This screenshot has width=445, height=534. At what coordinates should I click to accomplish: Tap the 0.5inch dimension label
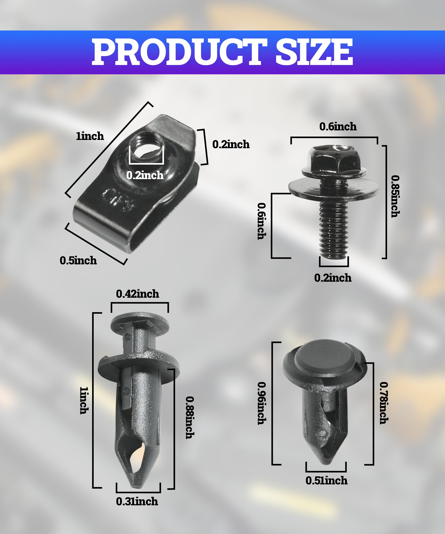click(78, 261)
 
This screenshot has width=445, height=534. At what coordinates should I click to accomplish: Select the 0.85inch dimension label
click(395, 196)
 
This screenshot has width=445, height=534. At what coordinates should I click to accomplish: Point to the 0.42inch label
click(138, 294)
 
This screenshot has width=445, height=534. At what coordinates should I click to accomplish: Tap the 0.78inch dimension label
click(383, 403)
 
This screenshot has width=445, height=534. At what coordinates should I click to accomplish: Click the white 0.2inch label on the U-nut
click(145, 175)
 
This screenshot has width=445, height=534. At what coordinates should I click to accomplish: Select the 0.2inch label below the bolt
click(333, 278)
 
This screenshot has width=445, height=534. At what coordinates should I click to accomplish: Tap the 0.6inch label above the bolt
click(338, 127)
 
